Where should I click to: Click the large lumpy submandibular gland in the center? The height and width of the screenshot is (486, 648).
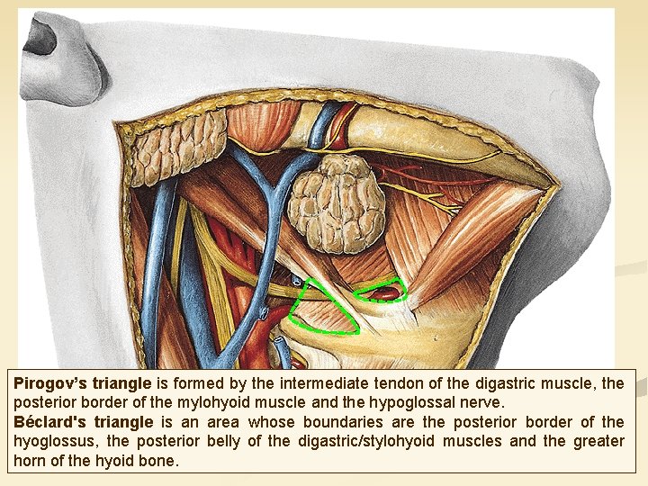click(x=337, y=202)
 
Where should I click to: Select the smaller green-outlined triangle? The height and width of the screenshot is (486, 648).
click(x=382, y=292)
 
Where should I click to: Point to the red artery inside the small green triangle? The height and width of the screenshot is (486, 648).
click(x=384, y=292)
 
